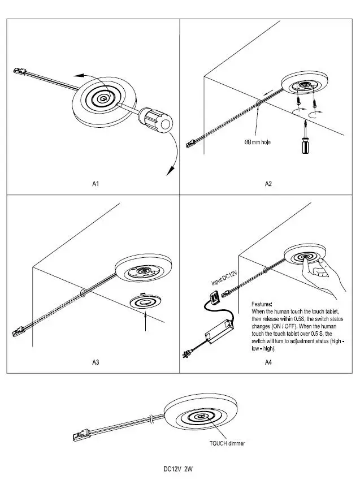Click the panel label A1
click(x=96, y=184)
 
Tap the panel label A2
click(x=268, y=184)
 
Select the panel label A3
click(x=96, y=362)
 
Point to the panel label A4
click(x=268, y=362)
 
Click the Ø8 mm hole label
click(x=257, y=142)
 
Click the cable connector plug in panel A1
click(x=20, y=73)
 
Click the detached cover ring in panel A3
click(x=145, y=300)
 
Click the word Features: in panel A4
click(x=262, y=304)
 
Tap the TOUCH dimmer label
click(x=227, y=443)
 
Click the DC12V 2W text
click(x=177, y=469)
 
